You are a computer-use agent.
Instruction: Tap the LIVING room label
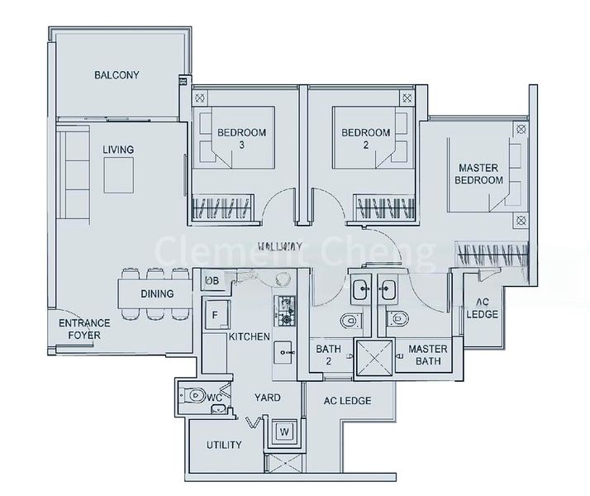pos(118,150)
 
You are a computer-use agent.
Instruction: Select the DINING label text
pos(157,293)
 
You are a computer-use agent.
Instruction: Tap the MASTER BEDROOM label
pos(480,174)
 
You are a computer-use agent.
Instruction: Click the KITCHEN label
pos(249,337)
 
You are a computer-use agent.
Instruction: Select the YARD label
pos(268,398)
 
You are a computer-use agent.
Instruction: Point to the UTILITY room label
pos(224,445)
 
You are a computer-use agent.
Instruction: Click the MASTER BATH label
pos(427,355)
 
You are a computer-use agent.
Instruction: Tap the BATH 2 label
pos(328,355)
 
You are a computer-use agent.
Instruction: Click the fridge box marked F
pos(215,315)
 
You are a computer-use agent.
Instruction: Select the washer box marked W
pos(284,432)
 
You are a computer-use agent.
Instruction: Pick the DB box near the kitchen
pos(212,282)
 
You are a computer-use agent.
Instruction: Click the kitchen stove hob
pos(287,309)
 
